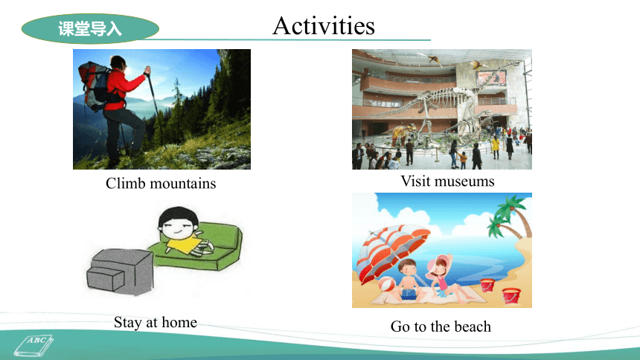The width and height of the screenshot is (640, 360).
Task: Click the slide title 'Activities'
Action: click(323, 26)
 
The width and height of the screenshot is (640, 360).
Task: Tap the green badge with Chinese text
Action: click(90, 28)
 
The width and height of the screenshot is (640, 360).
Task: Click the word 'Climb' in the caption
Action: click(125, 183)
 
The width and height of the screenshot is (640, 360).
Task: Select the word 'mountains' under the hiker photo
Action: click(183, 184)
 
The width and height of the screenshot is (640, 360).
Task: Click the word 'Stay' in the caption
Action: click(128, 323)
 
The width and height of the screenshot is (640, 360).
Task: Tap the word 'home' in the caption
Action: click(179, 322)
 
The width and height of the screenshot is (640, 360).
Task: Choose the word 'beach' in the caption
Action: click(473, 327)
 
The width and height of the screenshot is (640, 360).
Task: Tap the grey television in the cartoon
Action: click(120, 272)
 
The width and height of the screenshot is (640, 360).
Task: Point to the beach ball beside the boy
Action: click(386, 284)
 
